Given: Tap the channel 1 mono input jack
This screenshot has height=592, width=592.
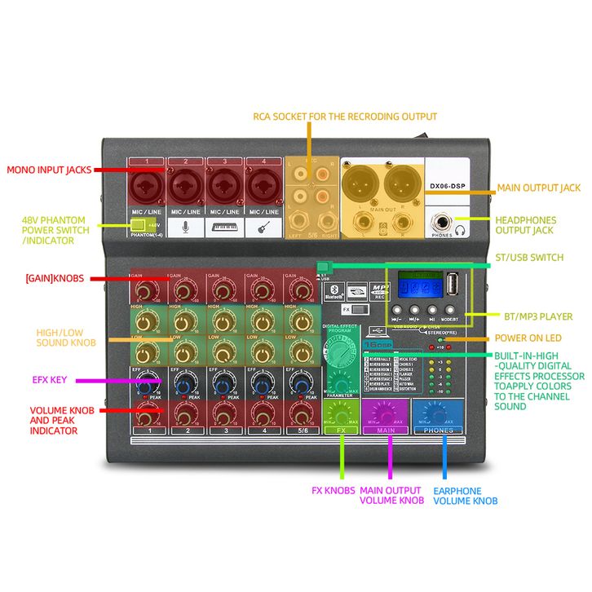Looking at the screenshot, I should point(148,188).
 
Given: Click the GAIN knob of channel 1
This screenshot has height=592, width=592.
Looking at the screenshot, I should point(147,290).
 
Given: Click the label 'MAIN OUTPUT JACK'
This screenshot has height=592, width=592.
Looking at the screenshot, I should point(538,188).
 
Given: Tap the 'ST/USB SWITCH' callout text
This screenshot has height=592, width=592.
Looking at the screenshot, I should point(529,258).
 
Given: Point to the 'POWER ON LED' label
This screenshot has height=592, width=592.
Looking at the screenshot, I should point(528,338).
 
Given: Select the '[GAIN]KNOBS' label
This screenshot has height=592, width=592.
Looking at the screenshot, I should point(55,279).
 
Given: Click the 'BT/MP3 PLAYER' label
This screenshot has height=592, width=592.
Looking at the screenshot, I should point(533,316).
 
